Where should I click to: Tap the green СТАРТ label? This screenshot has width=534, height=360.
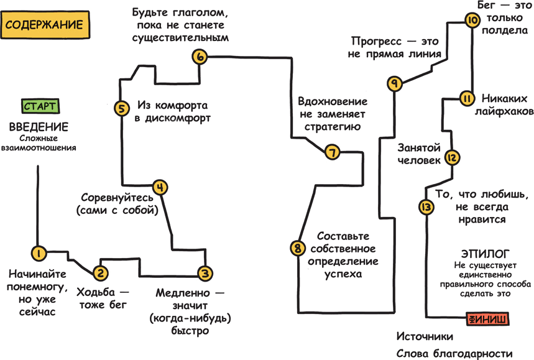click(40, 106)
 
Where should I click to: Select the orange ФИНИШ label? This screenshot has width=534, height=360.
click(487, 319)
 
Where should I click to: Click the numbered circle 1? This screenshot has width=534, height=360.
click(38, 253)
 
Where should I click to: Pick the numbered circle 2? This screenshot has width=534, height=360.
click(101, 272)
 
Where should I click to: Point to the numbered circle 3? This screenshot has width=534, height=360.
click(205, 273)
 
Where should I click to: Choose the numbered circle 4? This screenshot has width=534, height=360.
click(160, 187)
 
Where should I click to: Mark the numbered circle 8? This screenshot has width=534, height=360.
click(298, 248)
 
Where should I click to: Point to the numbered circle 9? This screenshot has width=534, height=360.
click(394, 83)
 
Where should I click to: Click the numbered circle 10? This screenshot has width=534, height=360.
click(472, 21)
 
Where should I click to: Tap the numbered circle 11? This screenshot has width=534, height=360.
click(467, 98)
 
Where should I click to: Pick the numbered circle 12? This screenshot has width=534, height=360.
click(453, 158)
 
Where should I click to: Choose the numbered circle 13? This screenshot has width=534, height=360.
click(426, 207)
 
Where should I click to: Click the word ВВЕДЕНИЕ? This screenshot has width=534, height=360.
click(38, 127)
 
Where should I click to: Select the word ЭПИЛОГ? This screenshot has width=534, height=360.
click(486, 254)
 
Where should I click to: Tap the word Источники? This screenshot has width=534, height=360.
click(425, 337)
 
